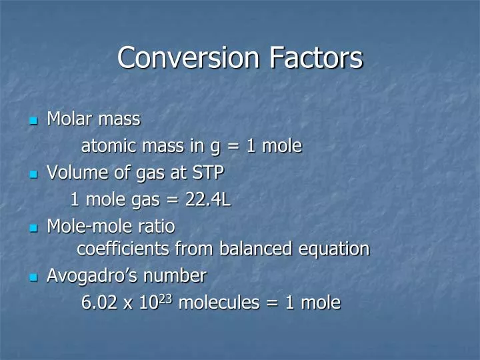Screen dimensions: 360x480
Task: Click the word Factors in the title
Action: [x=316, y=57]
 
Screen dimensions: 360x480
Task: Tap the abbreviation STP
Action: [x=208, y=173]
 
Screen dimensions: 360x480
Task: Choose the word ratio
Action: [x=157, y=227]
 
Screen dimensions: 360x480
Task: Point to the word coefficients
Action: [x=123, y=249]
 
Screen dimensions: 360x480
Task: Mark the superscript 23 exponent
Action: [x=167, y=299]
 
